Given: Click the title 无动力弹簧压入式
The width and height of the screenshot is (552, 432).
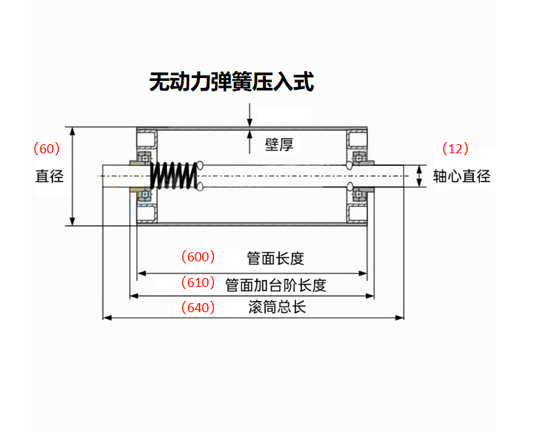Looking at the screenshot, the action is click(231, 82).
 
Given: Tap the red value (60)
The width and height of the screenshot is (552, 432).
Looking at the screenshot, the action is click(47, 148).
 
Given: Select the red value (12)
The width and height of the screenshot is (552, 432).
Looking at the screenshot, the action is click(455, 148).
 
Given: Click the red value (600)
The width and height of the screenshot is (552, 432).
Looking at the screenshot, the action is click(198, 257).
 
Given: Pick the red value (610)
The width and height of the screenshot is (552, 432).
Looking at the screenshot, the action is click(198, 282).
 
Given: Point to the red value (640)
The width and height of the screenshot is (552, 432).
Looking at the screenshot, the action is click(198, 307).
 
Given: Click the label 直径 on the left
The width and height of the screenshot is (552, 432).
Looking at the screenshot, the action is click(50, 176).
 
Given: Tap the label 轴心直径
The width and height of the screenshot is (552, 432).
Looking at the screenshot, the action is click(461, 176).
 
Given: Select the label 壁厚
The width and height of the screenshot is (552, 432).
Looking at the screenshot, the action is click(279, 144).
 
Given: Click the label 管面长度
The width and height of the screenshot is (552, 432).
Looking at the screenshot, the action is click(275, 259).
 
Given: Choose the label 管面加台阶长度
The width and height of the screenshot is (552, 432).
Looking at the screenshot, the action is click(276, 285).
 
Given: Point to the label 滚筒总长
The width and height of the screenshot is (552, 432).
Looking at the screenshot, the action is click(277, 307).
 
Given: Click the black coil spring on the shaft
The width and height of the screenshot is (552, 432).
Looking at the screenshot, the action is click(174, 176).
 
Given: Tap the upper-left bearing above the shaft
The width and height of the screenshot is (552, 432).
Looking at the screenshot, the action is click(144, 157).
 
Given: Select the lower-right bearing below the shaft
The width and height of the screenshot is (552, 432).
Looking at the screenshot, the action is click(359, 194).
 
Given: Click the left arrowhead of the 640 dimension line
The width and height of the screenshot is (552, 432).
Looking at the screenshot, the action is click(107, 318).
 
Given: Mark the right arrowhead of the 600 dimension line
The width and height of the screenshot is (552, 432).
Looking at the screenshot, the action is click(363, 273).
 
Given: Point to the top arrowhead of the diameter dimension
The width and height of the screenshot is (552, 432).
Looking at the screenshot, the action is click(73, 131).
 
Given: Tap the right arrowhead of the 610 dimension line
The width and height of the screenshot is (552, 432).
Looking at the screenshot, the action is click(370, 296).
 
